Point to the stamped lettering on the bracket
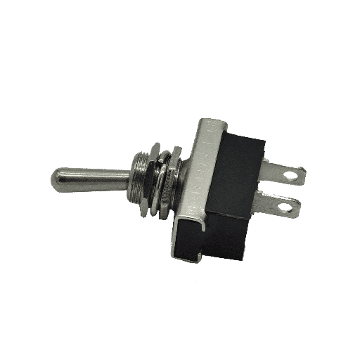point(199,169)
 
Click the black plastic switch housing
point(225,197)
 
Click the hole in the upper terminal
point(294,171)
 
